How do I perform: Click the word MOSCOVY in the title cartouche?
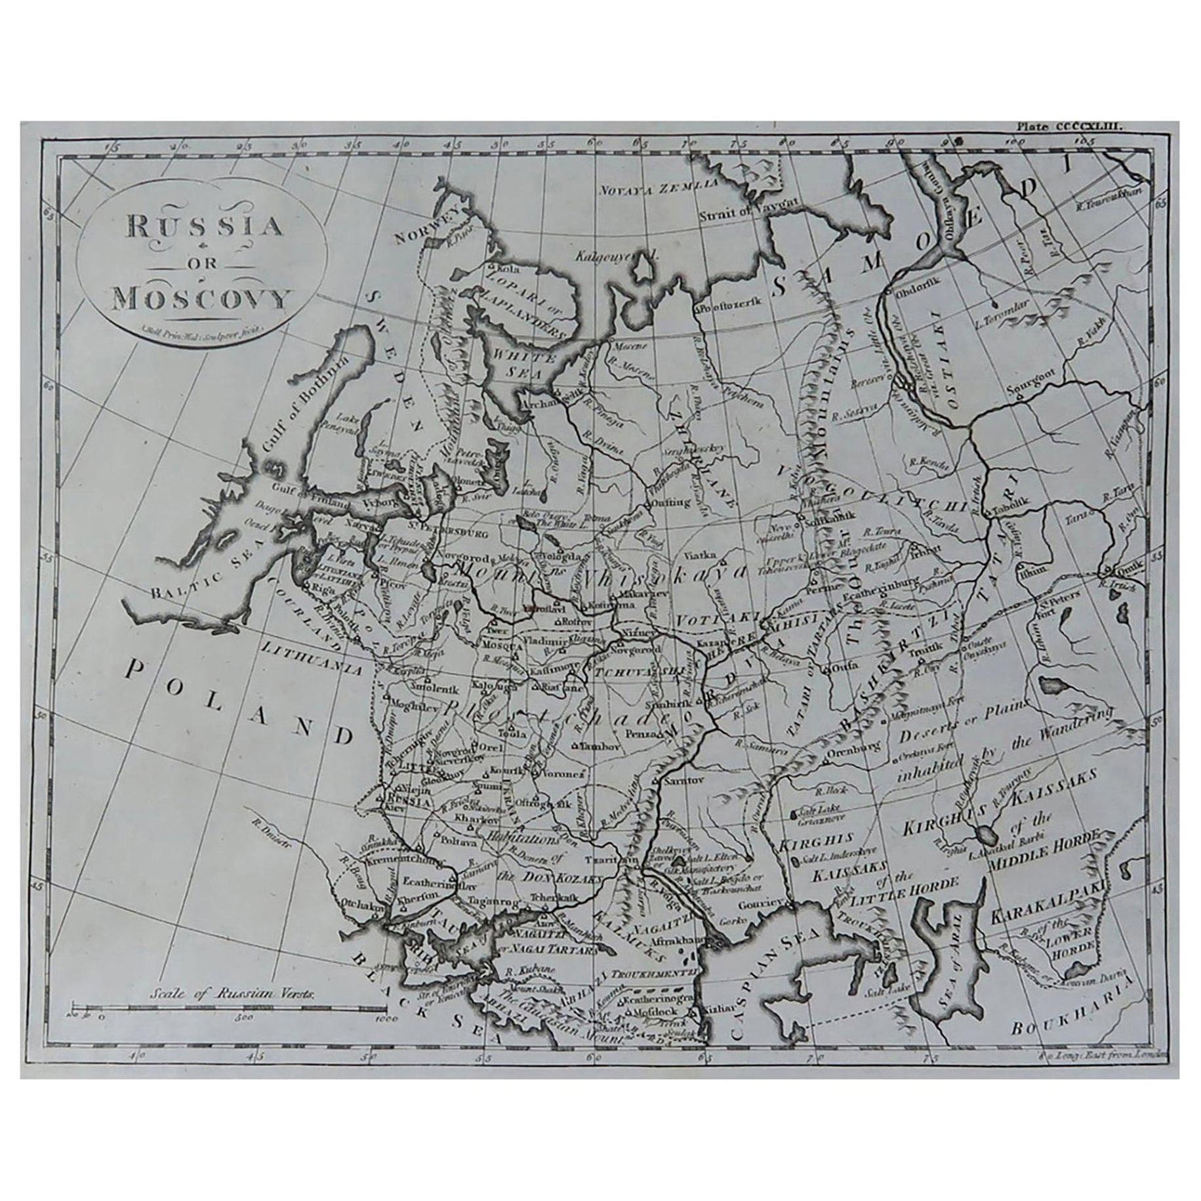pos(201,300)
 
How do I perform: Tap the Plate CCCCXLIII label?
pos(1070,131)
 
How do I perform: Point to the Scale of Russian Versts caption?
pos(233,1011)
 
